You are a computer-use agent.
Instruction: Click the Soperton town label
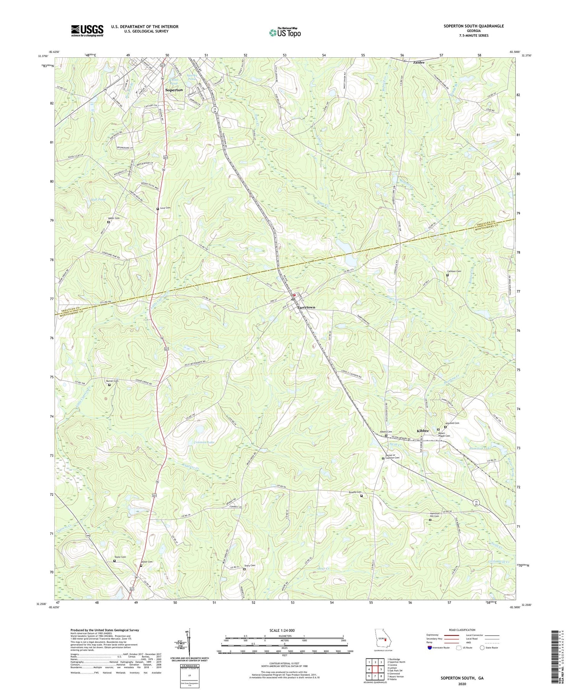tap(174, 90)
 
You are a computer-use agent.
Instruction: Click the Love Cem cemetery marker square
tap(157, 209)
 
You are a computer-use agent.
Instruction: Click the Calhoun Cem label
tap(454, 271)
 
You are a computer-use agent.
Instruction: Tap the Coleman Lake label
tap(204, 442)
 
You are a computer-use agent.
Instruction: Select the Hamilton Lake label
tap(480, 448)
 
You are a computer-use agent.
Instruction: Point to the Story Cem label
tap(249, 565)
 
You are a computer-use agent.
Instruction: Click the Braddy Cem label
tap(354, 492)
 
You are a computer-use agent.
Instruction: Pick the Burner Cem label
tap(112, 381)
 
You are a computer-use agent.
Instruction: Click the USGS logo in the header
tap(87, 31)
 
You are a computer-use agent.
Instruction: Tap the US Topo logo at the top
tap(285, 32)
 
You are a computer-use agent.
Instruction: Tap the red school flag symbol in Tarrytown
tap(294, 295)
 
